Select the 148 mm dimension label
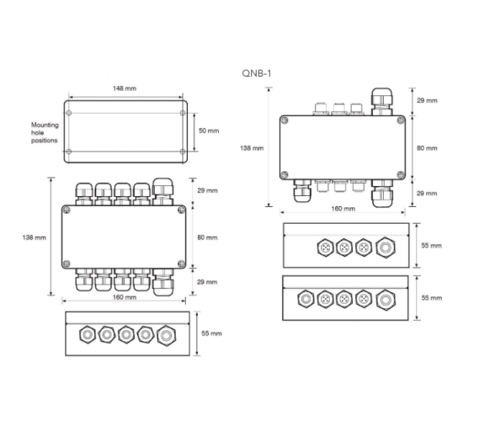[125, 88]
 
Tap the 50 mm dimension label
[207, 131]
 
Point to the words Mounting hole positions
[45, 132]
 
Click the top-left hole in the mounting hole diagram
[69, 111]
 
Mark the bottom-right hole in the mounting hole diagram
[181, 152]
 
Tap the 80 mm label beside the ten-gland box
[207, 237]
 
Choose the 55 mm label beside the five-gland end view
[211, 333]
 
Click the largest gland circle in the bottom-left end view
[165, 334]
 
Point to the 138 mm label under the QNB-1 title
[252, 147]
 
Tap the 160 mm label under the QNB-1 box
[343, 208]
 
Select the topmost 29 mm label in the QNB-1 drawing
[427, 100]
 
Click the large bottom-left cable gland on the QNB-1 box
[301, 194]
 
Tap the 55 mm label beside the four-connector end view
[429, 248]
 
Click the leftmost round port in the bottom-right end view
[304, 298]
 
